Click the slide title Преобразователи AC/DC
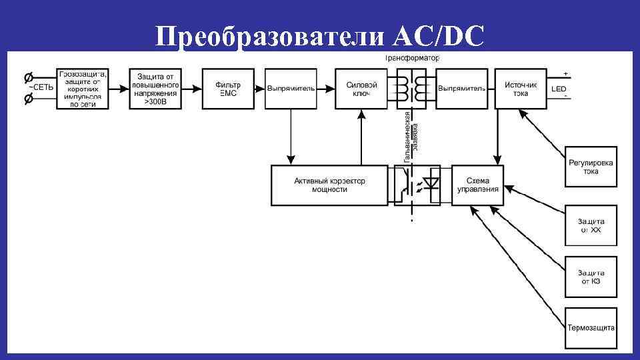coord(319,37)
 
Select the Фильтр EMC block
coord(227,89)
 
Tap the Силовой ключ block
coord(362,89)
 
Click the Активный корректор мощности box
coord(329,185)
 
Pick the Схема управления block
coord(477,185)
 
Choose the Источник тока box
coord(520,89)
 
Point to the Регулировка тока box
coord(591,167)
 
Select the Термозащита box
coord(591,327)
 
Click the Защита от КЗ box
coord(591,277)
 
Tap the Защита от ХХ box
coord(591,225)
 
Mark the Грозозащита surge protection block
coord(82,89)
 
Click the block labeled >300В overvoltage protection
coord(155,89)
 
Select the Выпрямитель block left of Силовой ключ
coord(291,89)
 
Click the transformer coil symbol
coord(411,89)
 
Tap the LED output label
coord(559,89)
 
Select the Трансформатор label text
coord(412,59)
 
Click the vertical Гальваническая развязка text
coord(411,137)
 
